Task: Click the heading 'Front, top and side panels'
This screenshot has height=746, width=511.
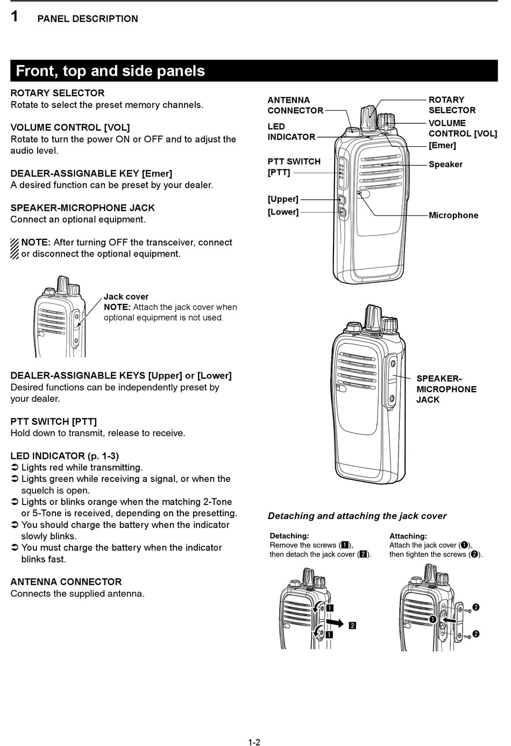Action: click(x=110, y=71)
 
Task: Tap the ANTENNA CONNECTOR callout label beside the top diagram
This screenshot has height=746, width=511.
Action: click(x=295, y=105)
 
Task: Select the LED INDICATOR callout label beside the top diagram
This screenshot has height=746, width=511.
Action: click(x=291, y=132)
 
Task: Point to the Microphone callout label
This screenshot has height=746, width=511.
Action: click(x=453, y=215)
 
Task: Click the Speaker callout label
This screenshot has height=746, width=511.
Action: click(x=445, y=164)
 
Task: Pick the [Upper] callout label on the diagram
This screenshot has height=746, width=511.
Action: click(x=283, y=199)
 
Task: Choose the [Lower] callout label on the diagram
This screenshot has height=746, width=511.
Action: click(x=283, y=212)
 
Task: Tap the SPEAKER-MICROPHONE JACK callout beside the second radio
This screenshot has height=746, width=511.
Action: click(x=446, y=389)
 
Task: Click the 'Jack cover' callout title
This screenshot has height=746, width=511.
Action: click(x=126, y=296)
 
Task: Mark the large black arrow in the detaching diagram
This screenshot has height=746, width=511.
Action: click(x=335, y=623)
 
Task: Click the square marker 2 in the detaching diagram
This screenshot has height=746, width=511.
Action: click(x=352, y=625)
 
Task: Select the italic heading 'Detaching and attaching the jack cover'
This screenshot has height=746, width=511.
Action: click(x=357, y=516)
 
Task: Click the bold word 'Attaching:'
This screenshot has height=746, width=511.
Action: click(x=408, y=536)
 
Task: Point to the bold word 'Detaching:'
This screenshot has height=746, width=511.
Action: click(x=289, y=536)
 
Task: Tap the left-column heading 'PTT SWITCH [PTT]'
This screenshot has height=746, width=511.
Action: click(x=54, y=421)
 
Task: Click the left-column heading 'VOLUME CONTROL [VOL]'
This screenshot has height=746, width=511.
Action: click(x=70, y=127)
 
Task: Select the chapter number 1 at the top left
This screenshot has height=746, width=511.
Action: click(x=15, y=17)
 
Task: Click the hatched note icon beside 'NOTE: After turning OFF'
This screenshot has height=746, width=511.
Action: click(x=15, y=248)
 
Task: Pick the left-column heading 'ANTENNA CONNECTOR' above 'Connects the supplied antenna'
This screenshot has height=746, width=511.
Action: click(x=66, y=581)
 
